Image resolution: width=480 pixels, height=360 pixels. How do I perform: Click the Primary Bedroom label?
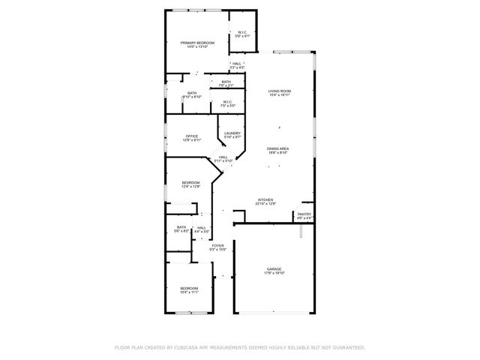point(197,43)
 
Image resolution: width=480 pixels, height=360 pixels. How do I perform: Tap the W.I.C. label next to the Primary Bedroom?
point(242,31)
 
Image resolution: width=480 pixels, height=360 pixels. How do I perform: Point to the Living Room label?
point(280,91)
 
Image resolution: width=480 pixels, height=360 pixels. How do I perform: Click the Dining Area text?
point(277,148)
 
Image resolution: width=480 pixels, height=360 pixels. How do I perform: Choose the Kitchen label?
point(267,199)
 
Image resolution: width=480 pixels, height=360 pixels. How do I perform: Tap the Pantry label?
point(304,214)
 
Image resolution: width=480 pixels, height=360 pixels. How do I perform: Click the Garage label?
point(273,269)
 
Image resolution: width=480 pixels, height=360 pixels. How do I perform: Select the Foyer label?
point(217,245)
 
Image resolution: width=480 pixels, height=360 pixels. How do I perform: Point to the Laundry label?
point(232,133)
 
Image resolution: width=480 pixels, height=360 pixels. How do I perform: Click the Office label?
point(192,136)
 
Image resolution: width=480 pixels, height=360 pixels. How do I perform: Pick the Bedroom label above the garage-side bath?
point(191,182)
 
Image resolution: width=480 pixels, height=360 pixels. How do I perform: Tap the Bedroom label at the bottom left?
point(189,288)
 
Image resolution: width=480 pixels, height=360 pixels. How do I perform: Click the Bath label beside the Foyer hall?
point(181,227)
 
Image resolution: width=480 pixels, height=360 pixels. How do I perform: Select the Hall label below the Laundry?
point(223,157)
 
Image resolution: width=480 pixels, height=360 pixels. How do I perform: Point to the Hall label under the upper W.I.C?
point(237,64)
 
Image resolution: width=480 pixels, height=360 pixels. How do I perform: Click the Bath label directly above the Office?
point(192,93)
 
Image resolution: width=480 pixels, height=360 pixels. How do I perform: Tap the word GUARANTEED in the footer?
point(347,348)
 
